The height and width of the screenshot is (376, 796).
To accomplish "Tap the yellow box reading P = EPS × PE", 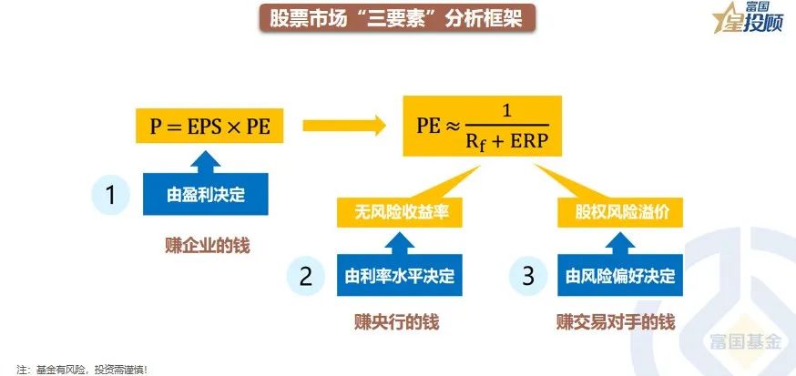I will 205,126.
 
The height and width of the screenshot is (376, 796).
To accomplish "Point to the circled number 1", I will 111,194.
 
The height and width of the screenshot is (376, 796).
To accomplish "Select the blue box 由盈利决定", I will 206,194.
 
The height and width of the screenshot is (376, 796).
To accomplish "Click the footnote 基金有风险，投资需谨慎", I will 82,369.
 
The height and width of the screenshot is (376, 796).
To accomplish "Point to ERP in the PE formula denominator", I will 530,144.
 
